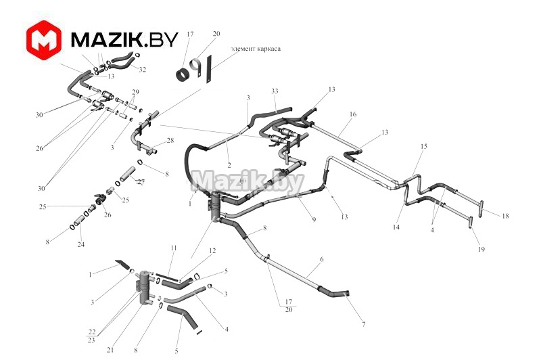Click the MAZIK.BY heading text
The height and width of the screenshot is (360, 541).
click(x=124, y=40)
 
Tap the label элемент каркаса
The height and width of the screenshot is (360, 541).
click(x=256, y=49)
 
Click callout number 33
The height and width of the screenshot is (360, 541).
click(x=275, y=91)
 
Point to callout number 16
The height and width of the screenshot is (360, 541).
click(x=352, y=115)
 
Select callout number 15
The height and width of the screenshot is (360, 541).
click(x=424, y=146)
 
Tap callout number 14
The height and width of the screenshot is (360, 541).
click(x=396, y=227)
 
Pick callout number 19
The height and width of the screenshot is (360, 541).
click(x=481, y=250)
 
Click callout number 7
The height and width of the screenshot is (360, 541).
click(x=363, y=325)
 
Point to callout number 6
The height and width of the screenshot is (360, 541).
click(x=321, y=260)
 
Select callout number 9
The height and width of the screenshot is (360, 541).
click(x=314, y=219)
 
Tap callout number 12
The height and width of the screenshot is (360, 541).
click(x=212, y=251)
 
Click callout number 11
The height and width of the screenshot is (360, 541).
click(x=173, y=248)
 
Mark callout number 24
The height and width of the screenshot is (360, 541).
click(x=80, y=244)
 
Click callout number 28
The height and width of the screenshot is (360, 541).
click(x=170, y=140)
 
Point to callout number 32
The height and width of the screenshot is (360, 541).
click(x=143, y=70)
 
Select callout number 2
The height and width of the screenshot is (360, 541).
click(x=229, y=164)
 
